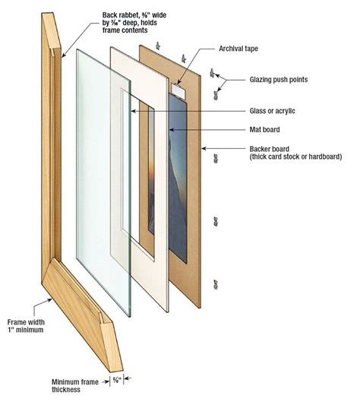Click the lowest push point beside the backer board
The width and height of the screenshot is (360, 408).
coord(216,285)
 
